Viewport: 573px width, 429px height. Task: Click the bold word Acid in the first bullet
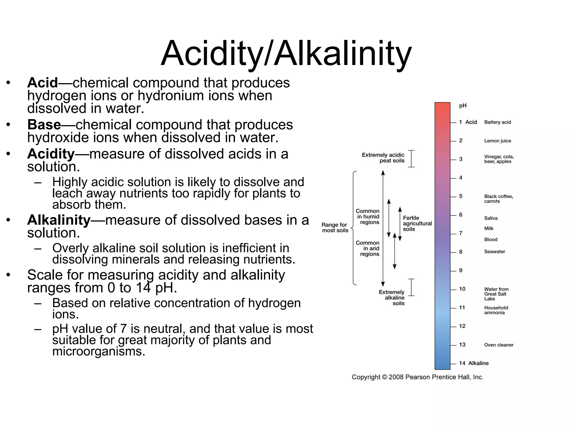(43, 83)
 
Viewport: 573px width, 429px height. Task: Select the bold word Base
(44, 125)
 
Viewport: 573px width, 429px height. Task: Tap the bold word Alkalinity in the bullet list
(59, 220)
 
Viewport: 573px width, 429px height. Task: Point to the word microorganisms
(98, 351)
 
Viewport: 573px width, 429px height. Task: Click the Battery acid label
(497, 122)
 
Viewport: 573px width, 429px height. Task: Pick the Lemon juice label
(497, 141)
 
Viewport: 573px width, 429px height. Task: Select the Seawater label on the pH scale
(494, 252)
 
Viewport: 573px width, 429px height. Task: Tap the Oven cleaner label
(499, 345)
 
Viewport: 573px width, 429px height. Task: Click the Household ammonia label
(496, 310)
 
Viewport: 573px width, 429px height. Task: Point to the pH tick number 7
(461, 233)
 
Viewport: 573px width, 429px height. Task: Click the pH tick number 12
(462, 326)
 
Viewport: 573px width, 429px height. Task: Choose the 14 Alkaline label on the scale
(474, 363)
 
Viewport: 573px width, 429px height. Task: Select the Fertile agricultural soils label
(417, 223)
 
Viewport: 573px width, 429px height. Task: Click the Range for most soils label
(335, 228)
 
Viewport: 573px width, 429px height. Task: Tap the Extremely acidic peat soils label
(383, 158)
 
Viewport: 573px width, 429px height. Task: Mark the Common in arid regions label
(368, 248)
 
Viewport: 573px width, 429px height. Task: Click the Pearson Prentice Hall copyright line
(417, 377)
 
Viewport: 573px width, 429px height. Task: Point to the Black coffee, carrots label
(498, 199)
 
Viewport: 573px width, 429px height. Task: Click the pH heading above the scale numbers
(463, 106)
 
